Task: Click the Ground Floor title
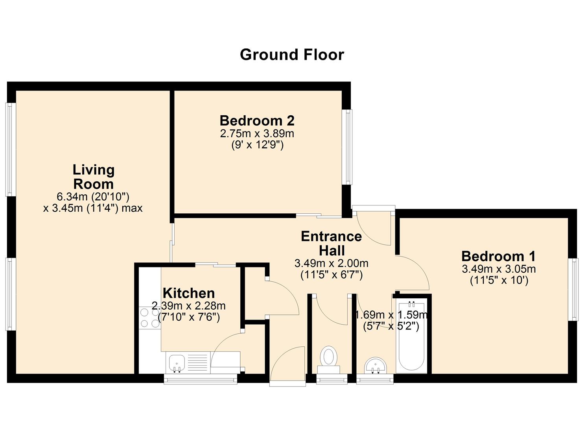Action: click(x=292, y=54)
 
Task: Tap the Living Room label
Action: click(x=94, y=177)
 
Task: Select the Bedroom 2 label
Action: click(x=257, y=120)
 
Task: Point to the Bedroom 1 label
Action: click(x=498, y=256)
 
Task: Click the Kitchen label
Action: click(x=189, y=293)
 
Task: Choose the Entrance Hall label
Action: click(x=332, y=243)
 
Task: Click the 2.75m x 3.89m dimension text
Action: click(x=257, y=133)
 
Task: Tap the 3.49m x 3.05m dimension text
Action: click(x=499, y=269)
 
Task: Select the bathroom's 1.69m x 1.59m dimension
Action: click(x=391, y=315)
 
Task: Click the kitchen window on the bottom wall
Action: click(x=201, y=379)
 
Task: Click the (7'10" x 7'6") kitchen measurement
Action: click(x=189, y=317)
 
